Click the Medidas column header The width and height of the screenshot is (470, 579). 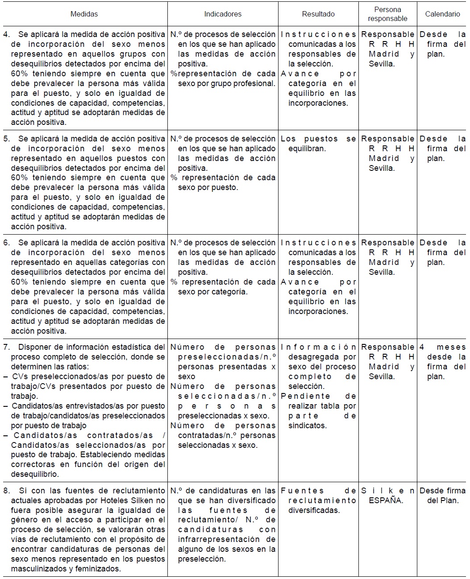(84, 14)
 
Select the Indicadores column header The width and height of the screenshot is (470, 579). (223, 14)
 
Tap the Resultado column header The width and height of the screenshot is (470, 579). (318, 14)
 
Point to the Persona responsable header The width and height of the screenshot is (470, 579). (387, 14)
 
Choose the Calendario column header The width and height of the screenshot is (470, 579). (442, 14)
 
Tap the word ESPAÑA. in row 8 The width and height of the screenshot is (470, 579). (386, 500)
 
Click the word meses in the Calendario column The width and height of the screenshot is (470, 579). (451, 347)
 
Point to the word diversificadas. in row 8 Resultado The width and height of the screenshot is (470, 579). (314, 510)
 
